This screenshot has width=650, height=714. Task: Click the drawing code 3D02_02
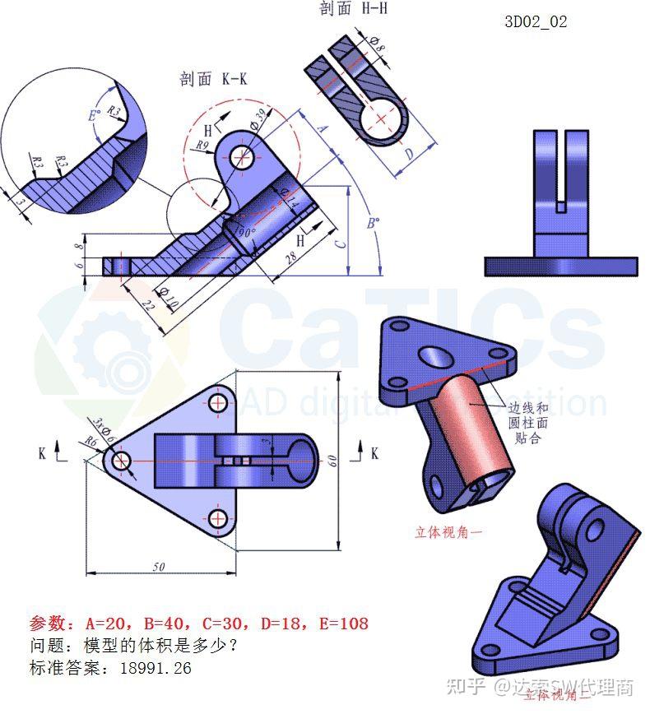pos(536,22)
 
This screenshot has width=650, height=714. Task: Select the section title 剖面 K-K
pos(214,79)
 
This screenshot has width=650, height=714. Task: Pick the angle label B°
pos(373,223)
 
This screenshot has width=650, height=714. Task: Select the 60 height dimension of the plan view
pos(332,461)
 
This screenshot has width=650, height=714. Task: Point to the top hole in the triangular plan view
pos(218,402)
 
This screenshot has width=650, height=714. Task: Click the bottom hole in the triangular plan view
pos(218,517)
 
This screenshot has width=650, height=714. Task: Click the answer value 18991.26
pos(156,668)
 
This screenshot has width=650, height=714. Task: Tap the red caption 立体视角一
pos(448,532)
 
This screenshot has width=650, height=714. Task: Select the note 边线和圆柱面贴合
pos(527,423)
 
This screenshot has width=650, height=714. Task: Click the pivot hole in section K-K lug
pos(242,158)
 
